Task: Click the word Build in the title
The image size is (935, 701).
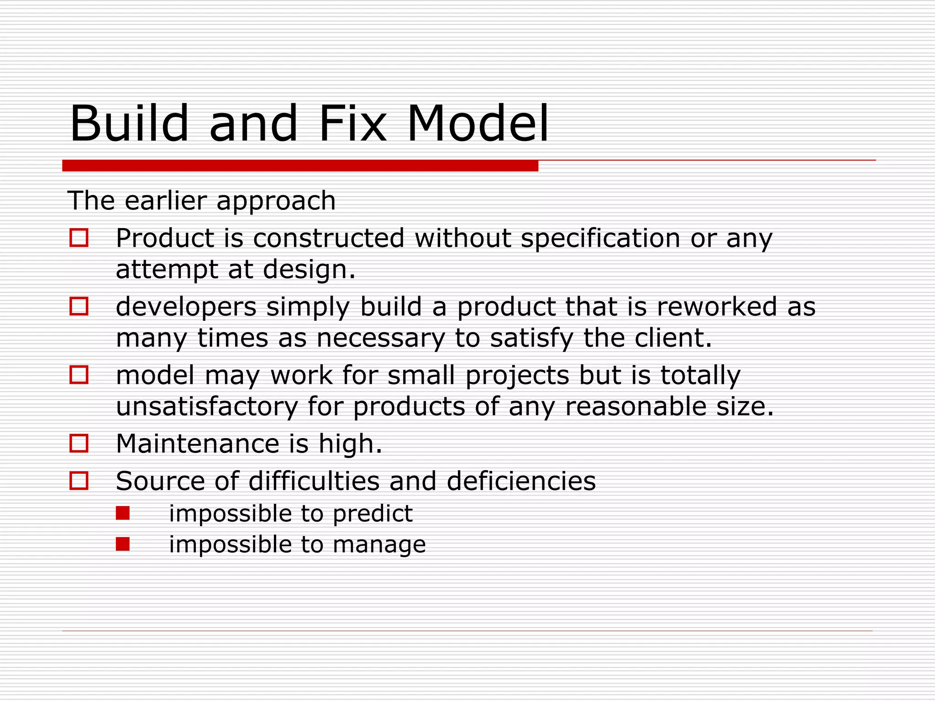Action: (129, 123)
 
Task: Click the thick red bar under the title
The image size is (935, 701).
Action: (300, 166)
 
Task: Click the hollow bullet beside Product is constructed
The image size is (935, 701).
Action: (79, 238)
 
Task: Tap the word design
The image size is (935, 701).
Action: (309, 269)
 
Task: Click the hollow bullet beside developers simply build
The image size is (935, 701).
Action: (79, 306)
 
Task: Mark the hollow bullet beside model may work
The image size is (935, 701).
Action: (79, 375)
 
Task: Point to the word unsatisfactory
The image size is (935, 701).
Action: (206, 406)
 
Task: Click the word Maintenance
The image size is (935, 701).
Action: (197, 444)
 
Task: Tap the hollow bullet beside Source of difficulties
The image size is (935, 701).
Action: (79, 481)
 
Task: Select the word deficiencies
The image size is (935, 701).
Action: (521, 481)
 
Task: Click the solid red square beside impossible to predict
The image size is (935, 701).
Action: (123, 513)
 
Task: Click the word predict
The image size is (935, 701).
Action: (372, 514)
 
